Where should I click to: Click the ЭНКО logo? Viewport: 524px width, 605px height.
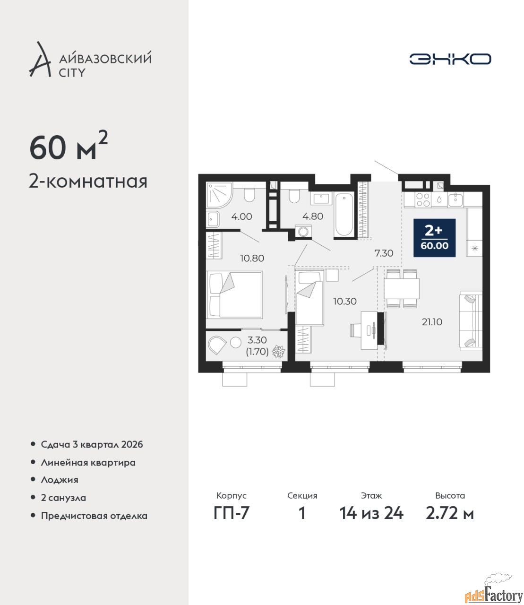click(x=450, y=59)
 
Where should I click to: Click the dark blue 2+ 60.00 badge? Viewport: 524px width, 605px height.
click(x=435, y=238)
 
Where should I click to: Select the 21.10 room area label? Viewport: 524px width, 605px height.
click(x=432, y=322)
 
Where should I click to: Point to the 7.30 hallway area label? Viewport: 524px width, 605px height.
click(x=384, y=253)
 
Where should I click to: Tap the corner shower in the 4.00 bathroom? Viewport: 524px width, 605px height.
click(x=219, y=195)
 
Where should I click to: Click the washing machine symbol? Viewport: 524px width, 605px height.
click(x=303, y=232)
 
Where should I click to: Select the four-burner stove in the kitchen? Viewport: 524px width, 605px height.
click(x=423, y=200)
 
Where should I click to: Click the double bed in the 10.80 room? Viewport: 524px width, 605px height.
click(x=234, y=294)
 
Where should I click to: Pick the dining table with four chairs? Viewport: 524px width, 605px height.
click(x=402, y=289)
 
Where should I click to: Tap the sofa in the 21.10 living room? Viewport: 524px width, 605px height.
click(x=471, y=321)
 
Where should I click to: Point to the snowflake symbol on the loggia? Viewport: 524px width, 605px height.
click(x=278, y=351)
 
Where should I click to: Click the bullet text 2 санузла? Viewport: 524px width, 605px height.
click(x=63, y=498)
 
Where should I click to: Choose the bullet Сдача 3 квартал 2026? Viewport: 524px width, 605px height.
click(x=92, y=444)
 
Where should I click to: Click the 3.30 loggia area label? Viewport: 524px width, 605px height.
click(x=257, y=340)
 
